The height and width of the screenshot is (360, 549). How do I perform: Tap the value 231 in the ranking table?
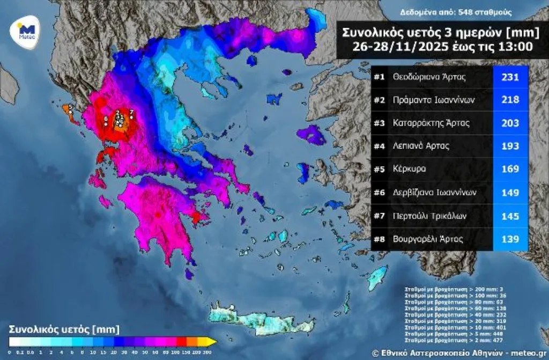click(510, 77)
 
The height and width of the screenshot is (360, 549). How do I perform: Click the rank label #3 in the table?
click(380, 123)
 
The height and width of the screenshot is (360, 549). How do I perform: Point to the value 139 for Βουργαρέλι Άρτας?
click(510, 239)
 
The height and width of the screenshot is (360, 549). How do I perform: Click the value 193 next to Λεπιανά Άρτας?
click(510, 146)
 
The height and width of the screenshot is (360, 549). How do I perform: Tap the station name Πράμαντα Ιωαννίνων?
click(433, 100)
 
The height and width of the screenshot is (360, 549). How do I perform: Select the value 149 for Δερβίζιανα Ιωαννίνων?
click(510, 192)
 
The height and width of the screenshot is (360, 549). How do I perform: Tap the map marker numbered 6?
click(106, 121)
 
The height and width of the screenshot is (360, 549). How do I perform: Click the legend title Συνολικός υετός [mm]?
click(64, 328)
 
